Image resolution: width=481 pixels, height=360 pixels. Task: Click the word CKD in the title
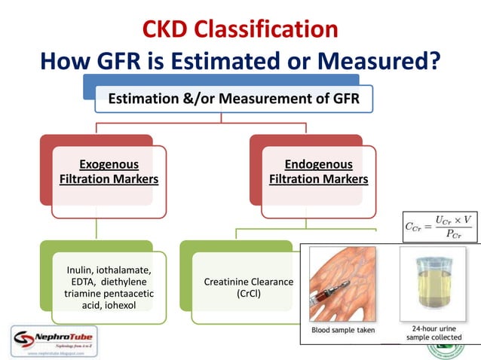[169, 29]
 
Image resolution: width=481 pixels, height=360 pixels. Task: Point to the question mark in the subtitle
[434, 60]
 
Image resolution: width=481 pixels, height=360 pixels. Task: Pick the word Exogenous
[109, 164]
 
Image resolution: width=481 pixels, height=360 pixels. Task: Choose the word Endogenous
[318, 164]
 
